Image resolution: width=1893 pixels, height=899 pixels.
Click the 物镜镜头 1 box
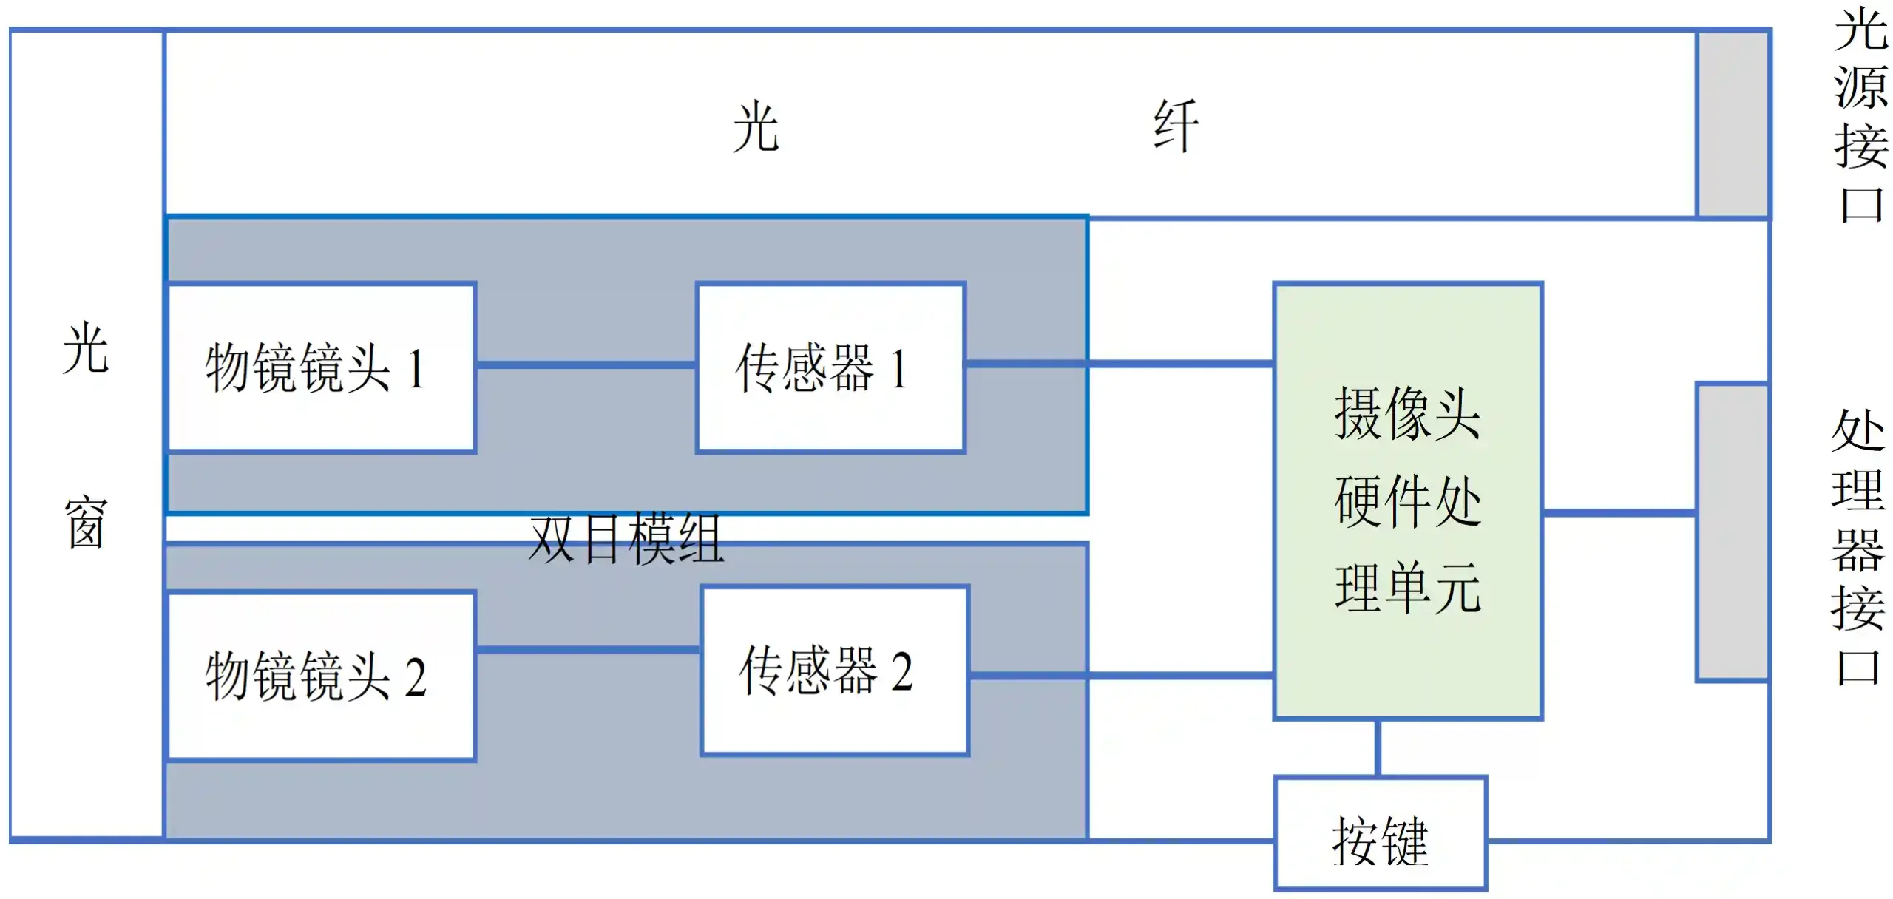(321, 367)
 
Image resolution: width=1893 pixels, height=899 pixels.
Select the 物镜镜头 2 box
(321, 676)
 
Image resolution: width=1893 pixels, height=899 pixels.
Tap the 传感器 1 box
(830, 367)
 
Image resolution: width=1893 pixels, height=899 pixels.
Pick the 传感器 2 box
(835, 671)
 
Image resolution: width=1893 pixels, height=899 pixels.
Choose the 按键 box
(1380, 832)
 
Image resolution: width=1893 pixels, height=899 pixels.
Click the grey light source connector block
(1732, 124)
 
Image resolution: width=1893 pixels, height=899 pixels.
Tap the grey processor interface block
(1731, 532)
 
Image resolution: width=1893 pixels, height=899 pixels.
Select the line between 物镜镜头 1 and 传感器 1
(586, 364)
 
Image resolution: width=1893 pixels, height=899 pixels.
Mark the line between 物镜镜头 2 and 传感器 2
(588, 650)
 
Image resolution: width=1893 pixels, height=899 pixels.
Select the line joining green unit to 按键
(1378, 747)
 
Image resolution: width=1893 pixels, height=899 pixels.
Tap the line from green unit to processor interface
(1619, 512)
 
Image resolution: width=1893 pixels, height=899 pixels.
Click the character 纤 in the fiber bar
(1176, 126)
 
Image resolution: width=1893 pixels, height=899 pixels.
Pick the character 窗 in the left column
(86, 522)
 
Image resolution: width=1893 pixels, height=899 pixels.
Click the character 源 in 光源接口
(1860, 87)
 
